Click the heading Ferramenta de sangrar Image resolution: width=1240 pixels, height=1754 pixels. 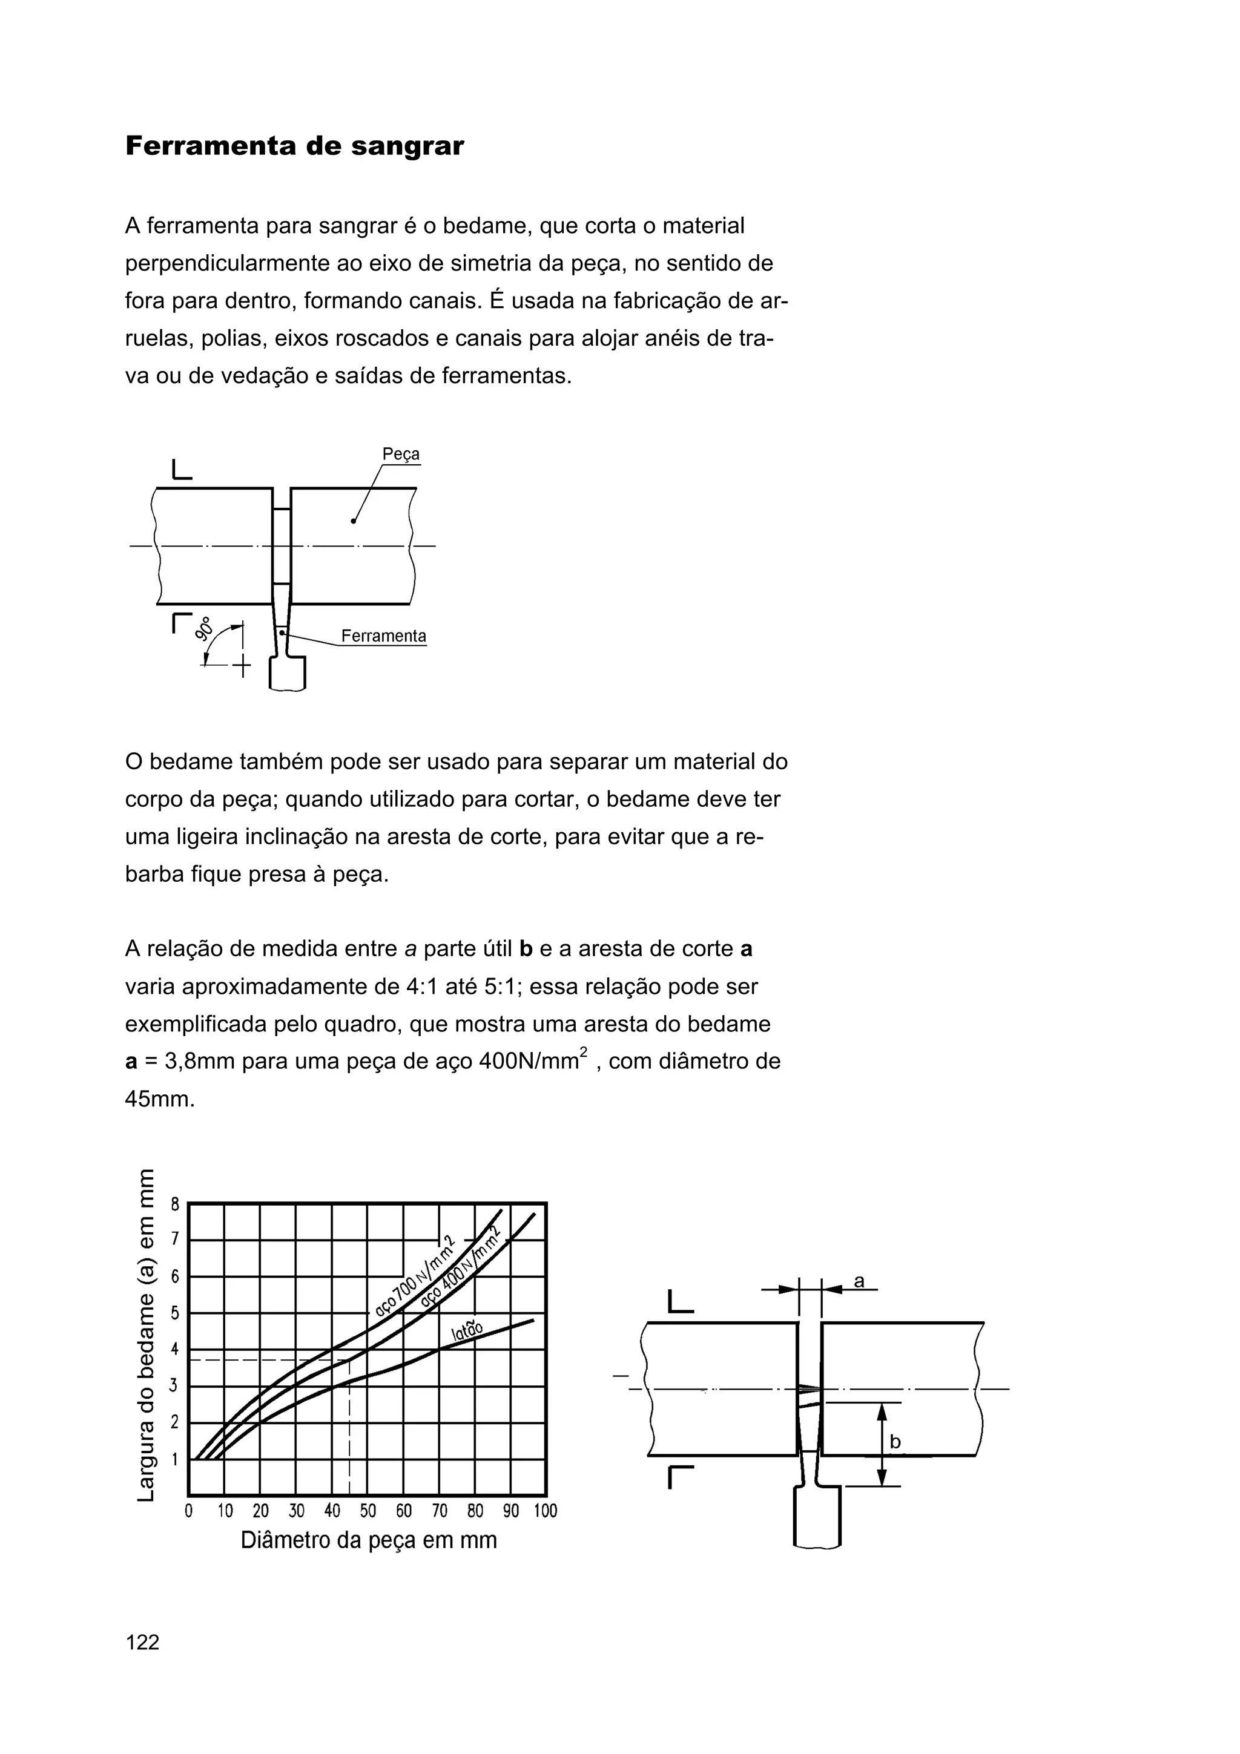click(x=294, y=146)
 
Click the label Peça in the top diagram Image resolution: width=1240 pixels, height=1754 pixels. click(x=400, y=454)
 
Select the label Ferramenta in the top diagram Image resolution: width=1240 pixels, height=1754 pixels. click(x=383, y=636)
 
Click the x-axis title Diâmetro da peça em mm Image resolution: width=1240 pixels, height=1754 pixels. click(x=368, y=1539)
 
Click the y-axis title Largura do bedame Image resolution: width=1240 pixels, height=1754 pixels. click(x=146, y=1334)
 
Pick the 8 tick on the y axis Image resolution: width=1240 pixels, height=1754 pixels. click(x=175, y=1204)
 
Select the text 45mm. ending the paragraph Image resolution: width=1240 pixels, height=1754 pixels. click(x=160, y=1099)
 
